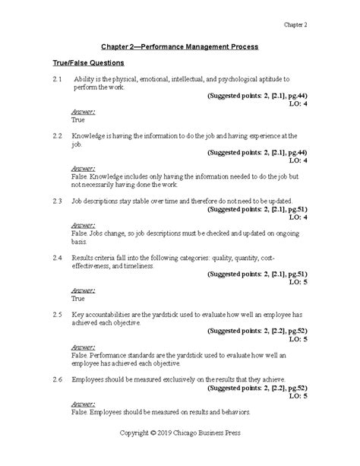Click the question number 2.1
coord(57,79)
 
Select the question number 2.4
coord(57,259)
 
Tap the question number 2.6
coord(57,377)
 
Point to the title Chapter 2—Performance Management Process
coord(180,46)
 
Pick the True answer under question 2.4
coord(77,299)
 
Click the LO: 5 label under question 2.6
coord(297,396)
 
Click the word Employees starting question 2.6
coord(92,377)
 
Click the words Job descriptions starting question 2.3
coord(100,201)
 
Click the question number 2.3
coord(57,201)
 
